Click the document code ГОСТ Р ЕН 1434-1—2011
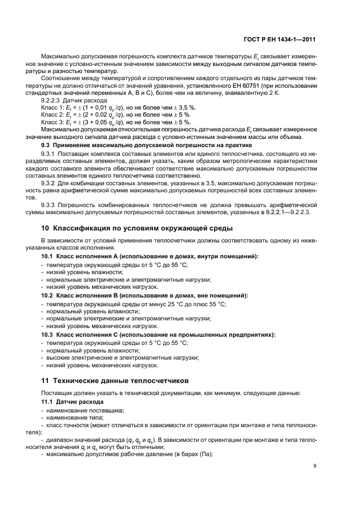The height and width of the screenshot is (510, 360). (283, 40)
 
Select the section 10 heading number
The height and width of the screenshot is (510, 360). (46, 228)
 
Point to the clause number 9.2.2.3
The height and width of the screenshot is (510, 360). (52, 101)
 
